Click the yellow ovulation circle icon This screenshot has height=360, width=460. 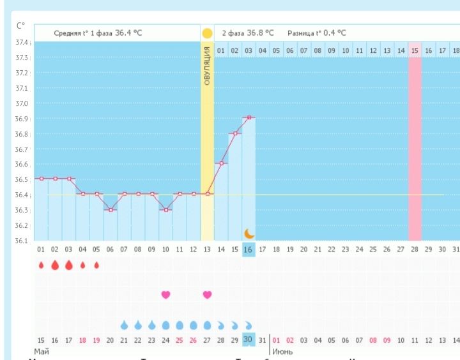pos(207,33)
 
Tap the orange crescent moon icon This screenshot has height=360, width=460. pos(249,234)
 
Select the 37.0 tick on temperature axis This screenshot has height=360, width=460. pos(22,103)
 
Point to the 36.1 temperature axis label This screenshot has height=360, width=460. pos(22,241)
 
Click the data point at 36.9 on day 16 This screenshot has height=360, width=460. pos(249,117)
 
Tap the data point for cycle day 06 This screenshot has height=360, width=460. pos(110,209)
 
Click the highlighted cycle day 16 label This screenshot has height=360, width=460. pos(248,250)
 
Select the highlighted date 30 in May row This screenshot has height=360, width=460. pos(248,339)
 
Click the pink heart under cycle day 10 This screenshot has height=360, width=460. pos(165,294)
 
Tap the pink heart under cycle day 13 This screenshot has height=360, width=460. pos(207,294)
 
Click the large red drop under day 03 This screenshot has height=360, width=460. pos(69,265)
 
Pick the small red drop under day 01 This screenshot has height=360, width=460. pos(42,265)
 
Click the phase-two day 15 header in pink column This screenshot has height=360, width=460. pos(415,50)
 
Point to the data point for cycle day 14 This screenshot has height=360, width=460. pos(220,163)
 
